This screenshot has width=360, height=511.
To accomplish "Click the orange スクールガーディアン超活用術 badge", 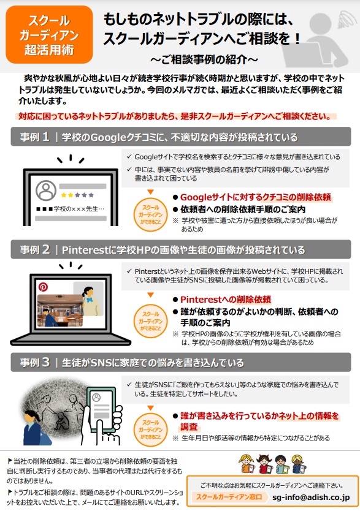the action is (x=49, y=35).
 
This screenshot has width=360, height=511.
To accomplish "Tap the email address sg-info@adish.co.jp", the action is (x=311, y=498).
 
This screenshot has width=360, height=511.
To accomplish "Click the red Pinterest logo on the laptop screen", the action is (x=43, y=287).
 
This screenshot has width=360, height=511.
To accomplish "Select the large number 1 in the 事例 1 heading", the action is (x=45, y=137).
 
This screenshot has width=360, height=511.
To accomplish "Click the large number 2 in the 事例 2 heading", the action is (x=46, y=249).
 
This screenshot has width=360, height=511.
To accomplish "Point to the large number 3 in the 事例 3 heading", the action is (x=46, y=362).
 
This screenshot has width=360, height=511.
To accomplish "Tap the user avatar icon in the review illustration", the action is (x=46, y=191).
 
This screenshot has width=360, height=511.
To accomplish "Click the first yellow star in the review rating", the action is (x=64, y=195).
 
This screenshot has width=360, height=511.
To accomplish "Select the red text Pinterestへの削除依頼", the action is (x=226, y=300).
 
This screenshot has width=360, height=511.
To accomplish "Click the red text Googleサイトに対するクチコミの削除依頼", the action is (x=256, y=197).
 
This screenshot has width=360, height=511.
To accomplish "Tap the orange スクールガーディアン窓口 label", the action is (x=229, y=497).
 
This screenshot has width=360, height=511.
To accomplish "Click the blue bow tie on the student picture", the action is (x=89, y=300).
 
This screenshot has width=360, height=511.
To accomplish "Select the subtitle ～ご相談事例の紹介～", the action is (x=204, y=59).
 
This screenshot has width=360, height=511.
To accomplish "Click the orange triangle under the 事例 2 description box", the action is (x=150, y=295).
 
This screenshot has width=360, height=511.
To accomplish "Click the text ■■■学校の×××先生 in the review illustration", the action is (x=71, y=208).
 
